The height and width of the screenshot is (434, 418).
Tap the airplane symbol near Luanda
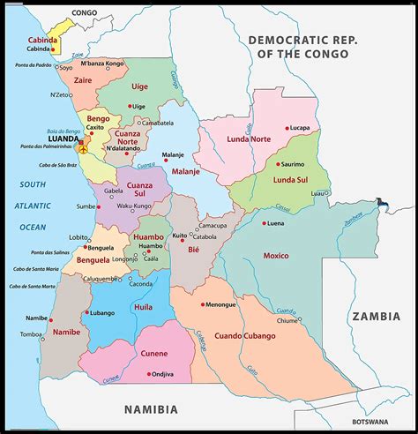click(83, 149)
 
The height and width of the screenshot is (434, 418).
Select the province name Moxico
click(275, 256)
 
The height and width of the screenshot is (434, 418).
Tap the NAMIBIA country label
click(150, 409)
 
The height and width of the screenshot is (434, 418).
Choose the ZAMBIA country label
click(377, 315)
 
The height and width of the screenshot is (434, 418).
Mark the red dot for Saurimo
click(278, 164)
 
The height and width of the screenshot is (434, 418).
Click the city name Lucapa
click(300, 128)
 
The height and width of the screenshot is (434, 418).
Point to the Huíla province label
click(143, 306)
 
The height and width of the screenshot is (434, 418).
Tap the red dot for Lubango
click(86, 312)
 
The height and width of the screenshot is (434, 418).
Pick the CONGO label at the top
click(84, 13)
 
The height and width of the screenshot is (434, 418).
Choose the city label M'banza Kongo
click(102, 64)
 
